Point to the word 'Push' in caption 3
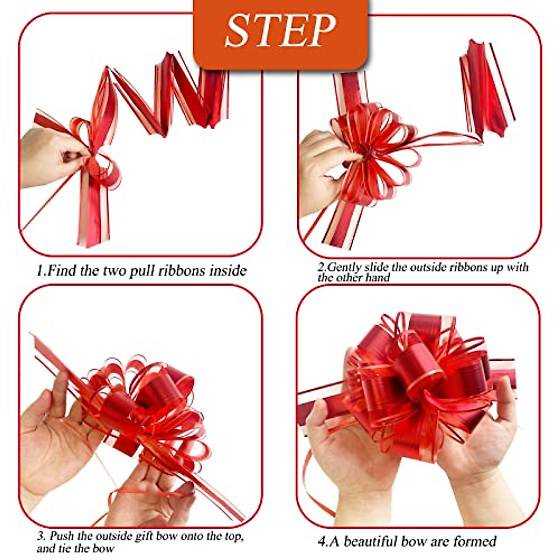(62, 536)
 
